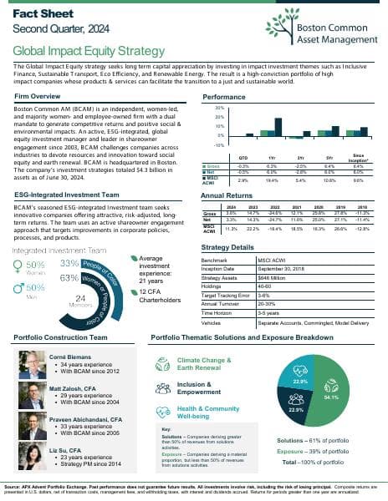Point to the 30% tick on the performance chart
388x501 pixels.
[x=219, y=108]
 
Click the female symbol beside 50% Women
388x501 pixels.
[x=22, y=267]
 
